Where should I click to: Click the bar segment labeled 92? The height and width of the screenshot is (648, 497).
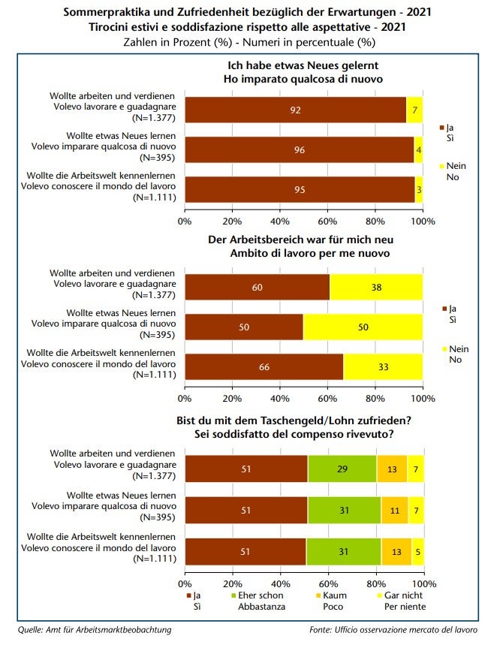295,110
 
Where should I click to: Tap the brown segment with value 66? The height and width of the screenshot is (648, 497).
264,366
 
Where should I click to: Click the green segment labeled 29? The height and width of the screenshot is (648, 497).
342,469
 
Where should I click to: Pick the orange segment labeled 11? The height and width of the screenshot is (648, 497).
394,509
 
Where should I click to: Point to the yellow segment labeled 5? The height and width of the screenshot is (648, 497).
418,550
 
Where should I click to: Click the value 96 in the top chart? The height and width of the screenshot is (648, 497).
299,149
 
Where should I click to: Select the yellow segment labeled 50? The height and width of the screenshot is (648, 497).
363,327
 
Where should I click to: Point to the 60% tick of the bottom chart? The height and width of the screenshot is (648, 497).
327,582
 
